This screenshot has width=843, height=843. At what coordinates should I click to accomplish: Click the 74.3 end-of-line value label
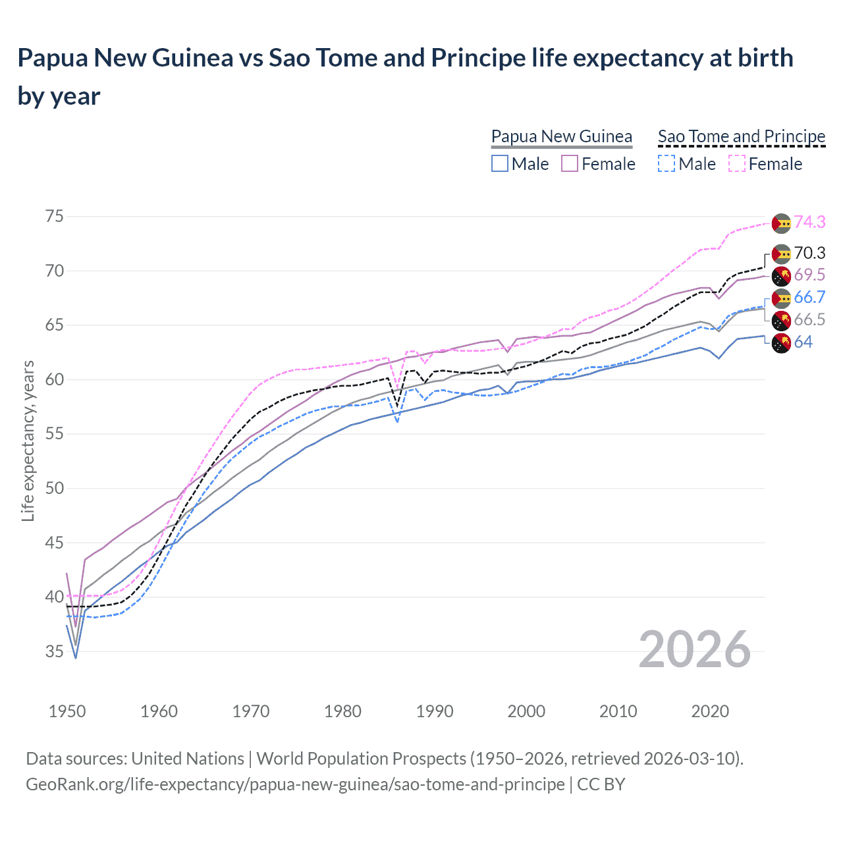tap(809, 223)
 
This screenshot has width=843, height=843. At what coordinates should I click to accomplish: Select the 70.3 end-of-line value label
tap(809, 254)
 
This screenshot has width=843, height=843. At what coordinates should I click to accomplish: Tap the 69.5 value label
tap(809, 275)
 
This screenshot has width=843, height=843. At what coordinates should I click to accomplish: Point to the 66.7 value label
tap(809, 298)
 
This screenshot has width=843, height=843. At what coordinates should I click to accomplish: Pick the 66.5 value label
tap(809, 320)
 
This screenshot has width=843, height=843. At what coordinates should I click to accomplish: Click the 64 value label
tap(803, 342)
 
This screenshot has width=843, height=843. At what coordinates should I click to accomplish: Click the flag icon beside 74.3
tap(781, 223)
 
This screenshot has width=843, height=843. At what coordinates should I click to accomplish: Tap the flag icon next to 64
tap(781, 343)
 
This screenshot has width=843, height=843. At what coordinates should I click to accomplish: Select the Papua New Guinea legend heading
tap(562, 136)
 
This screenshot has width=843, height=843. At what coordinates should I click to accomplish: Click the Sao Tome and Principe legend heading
tap(742, 136)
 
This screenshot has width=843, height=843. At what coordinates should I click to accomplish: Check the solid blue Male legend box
tap(500, 164)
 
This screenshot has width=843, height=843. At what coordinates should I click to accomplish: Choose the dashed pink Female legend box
tap(737, 164)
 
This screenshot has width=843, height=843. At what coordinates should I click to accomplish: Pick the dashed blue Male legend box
tap(666, 164)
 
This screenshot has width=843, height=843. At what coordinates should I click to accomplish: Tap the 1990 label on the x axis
tap(435, 711)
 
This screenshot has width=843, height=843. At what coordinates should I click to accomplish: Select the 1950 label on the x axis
tap(67, 711)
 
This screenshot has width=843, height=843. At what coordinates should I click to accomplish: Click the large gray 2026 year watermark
tap(694, 649)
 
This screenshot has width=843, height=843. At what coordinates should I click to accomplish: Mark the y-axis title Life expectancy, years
tap(28, 441)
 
